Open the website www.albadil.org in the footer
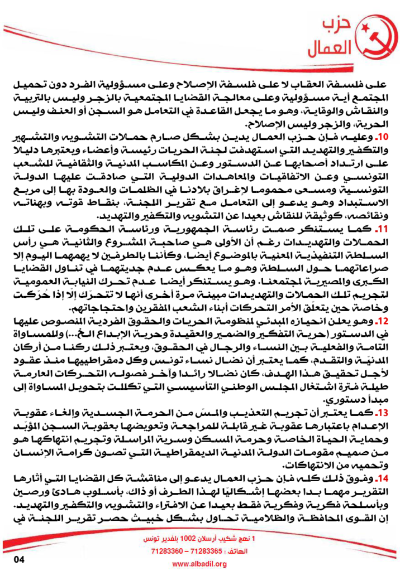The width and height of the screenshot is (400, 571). [199, 564]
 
